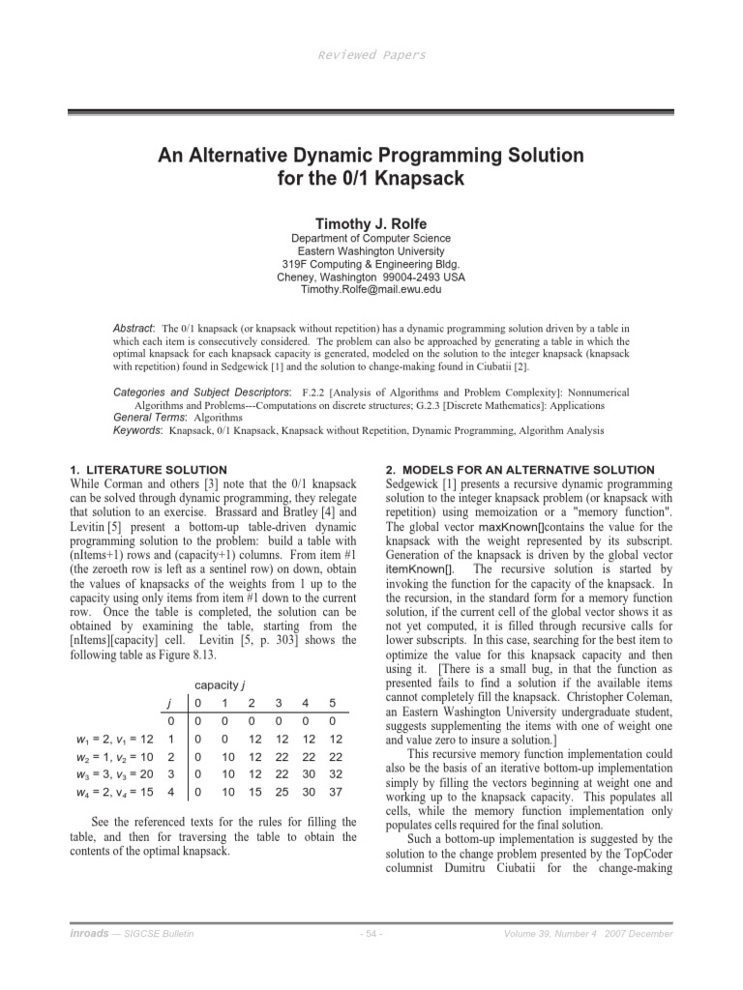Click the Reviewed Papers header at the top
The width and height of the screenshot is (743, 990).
371,55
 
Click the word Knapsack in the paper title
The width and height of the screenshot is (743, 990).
425,179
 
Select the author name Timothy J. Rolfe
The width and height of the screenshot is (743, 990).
371,221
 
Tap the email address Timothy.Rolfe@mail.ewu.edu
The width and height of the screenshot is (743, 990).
371,289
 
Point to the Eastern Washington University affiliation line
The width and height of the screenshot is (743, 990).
371,250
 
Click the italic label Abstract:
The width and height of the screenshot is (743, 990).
134,329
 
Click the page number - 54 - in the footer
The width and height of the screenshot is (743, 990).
371,933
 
